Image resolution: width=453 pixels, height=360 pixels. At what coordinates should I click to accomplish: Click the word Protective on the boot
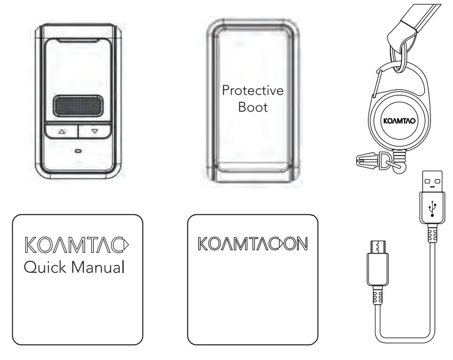[253, 91]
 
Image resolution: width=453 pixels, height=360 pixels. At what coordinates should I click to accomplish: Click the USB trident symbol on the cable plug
[431, 208]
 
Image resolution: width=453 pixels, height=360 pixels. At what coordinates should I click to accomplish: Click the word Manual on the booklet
[99, 268]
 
